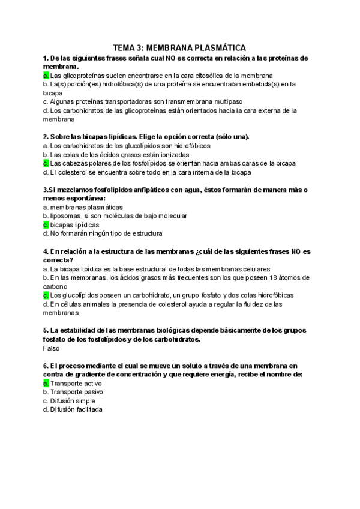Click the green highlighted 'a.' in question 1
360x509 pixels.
46,76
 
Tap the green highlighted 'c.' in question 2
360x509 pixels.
46,163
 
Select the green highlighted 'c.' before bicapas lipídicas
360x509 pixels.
46,224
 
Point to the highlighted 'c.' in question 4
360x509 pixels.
46,295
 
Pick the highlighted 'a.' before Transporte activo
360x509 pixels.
46,383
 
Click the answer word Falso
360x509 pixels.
52,348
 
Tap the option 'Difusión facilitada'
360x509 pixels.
76,409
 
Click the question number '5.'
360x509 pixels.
46,331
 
